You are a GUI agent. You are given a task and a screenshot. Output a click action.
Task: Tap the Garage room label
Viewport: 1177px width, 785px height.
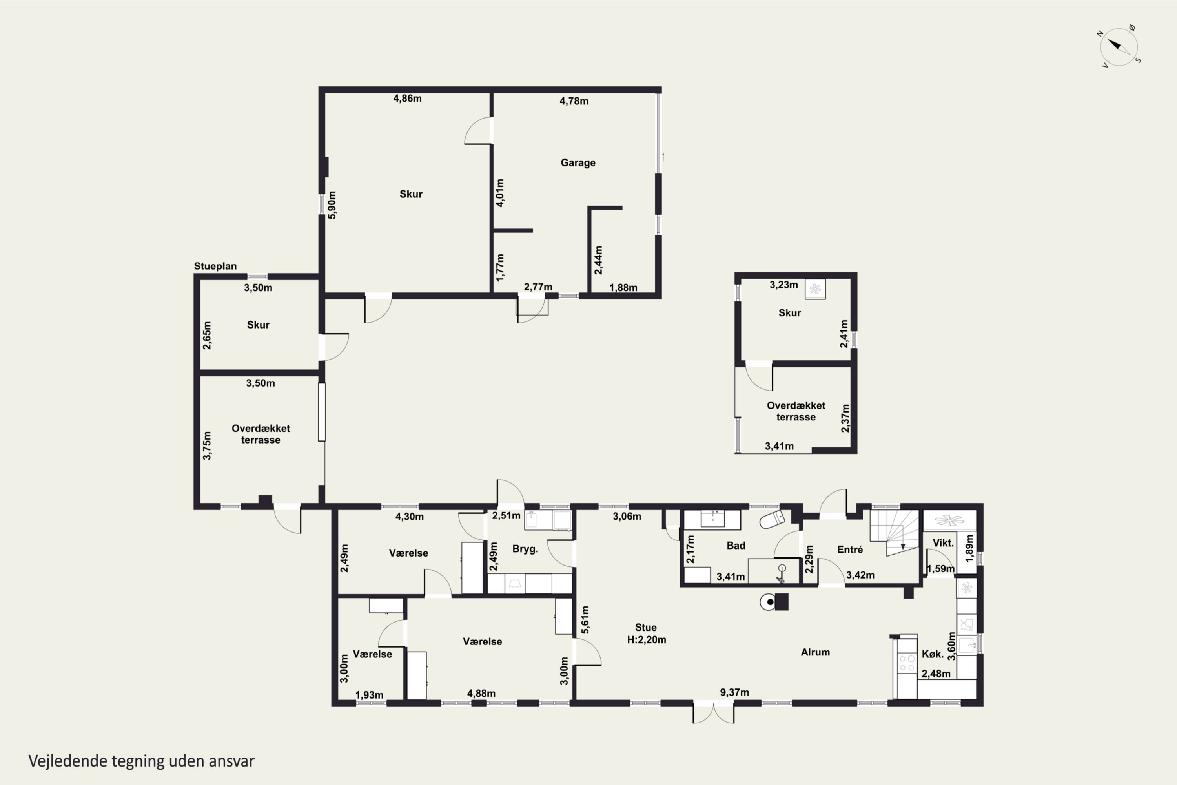tap(578, 163)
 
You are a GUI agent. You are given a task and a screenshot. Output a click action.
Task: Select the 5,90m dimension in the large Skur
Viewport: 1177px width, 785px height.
tap(332, 205)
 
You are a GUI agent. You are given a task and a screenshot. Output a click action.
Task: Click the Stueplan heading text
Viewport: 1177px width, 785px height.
tap(215, 266)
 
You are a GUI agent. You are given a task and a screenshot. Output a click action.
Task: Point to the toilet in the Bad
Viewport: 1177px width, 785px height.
tap(773, 520)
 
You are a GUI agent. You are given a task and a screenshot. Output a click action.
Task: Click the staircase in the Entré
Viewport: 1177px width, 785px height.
tap(894, 533)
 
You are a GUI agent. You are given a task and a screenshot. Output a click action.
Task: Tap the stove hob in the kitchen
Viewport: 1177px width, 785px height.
tap(907, 663)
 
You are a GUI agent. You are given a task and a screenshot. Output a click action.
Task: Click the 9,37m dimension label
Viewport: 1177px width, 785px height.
tap(734, 692)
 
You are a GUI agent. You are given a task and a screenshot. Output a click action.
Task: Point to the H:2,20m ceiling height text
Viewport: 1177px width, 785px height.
tap(647, 639)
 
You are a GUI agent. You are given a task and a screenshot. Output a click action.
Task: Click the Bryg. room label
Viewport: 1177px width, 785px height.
tap(525, 549)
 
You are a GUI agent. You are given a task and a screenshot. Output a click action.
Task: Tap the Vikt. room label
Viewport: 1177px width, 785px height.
tap(943, 543)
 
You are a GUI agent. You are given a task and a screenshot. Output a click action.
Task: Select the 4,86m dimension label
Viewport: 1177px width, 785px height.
tap(407, 99)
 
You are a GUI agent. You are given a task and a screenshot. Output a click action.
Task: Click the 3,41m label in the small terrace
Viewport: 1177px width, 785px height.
tap(779, 446)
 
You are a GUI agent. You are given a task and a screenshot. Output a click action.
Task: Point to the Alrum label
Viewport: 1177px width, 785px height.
tap(815, 652)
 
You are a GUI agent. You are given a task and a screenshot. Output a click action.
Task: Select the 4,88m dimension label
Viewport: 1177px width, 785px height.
tap(481, 694)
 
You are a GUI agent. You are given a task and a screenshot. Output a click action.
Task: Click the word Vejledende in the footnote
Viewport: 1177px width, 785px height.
tap(67, 761)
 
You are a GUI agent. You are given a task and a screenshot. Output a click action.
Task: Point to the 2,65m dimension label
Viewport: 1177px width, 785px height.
tap(207, 336)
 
